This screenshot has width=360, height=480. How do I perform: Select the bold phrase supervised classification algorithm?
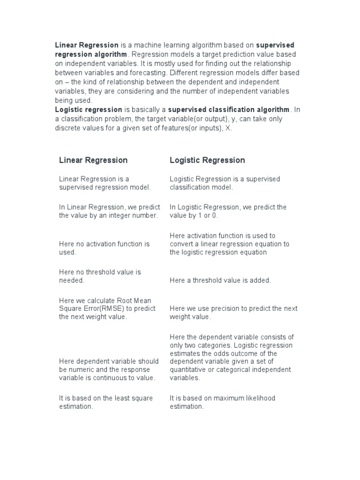point(229,110)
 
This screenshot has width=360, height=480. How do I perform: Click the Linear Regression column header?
point(93,160)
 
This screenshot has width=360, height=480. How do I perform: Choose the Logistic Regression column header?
point(207,160)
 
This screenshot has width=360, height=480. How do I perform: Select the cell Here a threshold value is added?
point(220,280)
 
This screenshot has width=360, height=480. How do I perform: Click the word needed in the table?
point(71,280)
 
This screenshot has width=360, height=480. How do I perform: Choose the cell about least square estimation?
point(106,402)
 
